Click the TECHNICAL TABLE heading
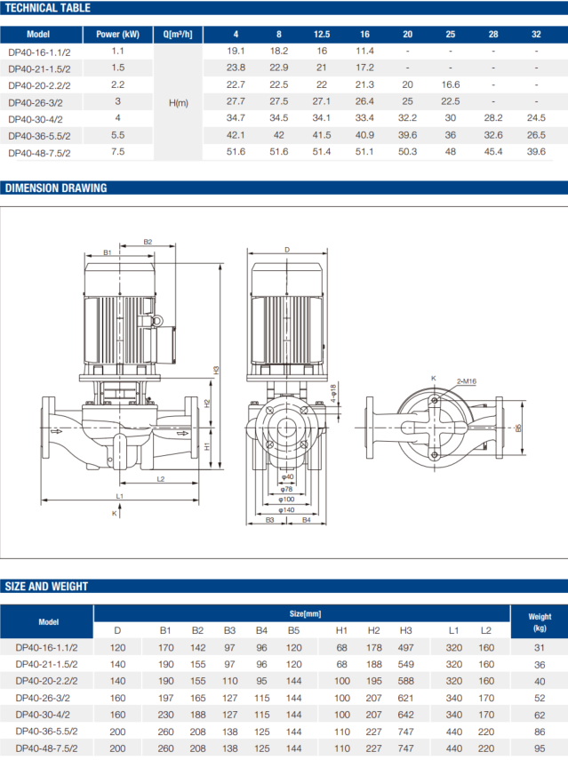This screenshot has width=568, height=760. point(47,8)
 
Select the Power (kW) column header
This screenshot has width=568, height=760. point(117,35)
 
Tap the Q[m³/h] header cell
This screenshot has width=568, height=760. point(178,35)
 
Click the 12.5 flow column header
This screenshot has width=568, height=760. point(322,35)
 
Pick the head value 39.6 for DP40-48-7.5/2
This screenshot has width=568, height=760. point(536,152)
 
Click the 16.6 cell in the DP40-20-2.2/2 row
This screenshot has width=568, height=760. point(451,84)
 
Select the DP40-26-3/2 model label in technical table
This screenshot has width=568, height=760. point(36,103)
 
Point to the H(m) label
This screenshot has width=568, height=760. point(179,103)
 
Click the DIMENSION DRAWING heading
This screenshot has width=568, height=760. point(56,188)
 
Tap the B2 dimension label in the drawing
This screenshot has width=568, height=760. point(148,242)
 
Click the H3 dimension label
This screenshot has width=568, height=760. point(217,370)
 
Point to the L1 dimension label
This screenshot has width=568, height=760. point(120,496)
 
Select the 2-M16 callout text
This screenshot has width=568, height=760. point(467,381)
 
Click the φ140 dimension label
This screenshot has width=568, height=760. point(286,510)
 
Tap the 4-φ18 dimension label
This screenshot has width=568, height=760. point(333,395)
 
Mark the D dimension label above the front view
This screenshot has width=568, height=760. point(287,250)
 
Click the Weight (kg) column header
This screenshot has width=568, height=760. point(540,622)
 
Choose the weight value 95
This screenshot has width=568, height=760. point(540,748)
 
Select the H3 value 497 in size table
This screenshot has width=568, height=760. point(405,647)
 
